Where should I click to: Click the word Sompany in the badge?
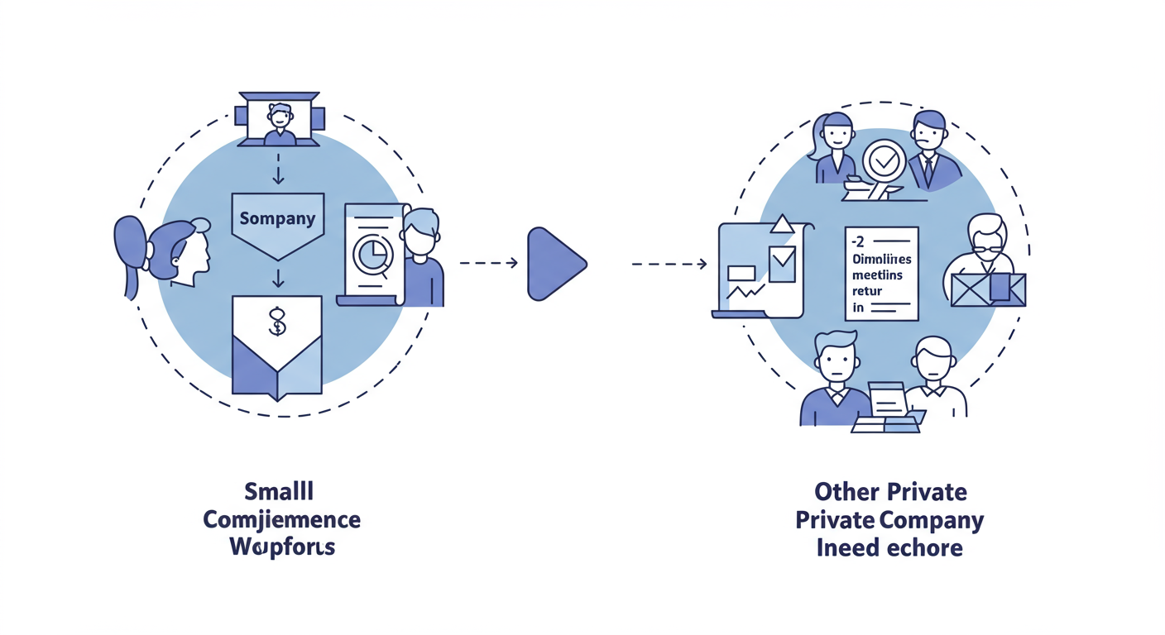click(x=277, y=219)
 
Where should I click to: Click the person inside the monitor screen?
click(x=280, y=119)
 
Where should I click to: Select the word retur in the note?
click(x=867, y=291)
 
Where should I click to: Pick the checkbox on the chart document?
click(x=782, y=260)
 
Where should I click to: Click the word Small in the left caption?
click(x=280, y=491)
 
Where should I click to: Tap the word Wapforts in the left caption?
click(x=282, y=547)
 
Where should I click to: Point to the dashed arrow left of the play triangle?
click(x=488, y=263)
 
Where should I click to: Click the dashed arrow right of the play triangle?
click(x=669, y=264)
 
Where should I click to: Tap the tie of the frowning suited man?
click(x=928, y=171)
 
